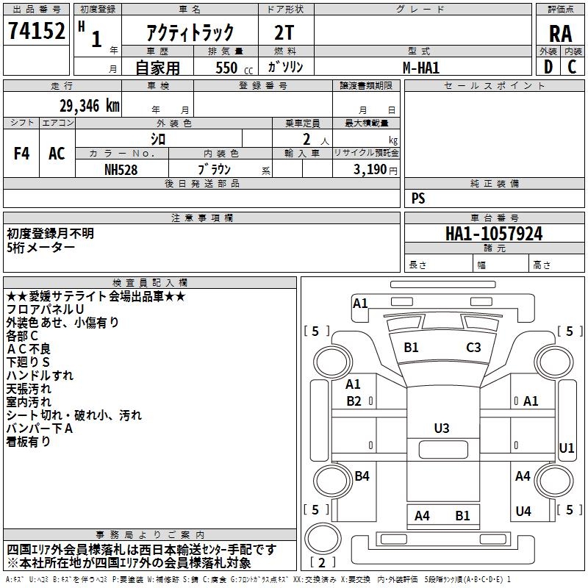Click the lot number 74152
point(36,31)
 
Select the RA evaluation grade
point(560,33)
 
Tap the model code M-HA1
point(421,67)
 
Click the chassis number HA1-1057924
point(494,234)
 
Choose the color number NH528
point(121,169)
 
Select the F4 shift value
point(22,154)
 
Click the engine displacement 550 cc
point(226,68)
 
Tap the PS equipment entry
point(418,198)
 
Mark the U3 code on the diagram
point(442,428)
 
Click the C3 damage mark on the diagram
point(473,348)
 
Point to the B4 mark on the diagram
point(362,476)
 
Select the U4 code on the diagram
point(523,512)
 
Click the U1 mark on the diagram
point(567,448)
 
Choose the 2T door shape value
point(284,32)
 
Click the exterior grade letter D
point(548,67)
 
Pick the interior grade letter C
point(572,67)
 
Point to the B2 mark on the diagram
point(354,401)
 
